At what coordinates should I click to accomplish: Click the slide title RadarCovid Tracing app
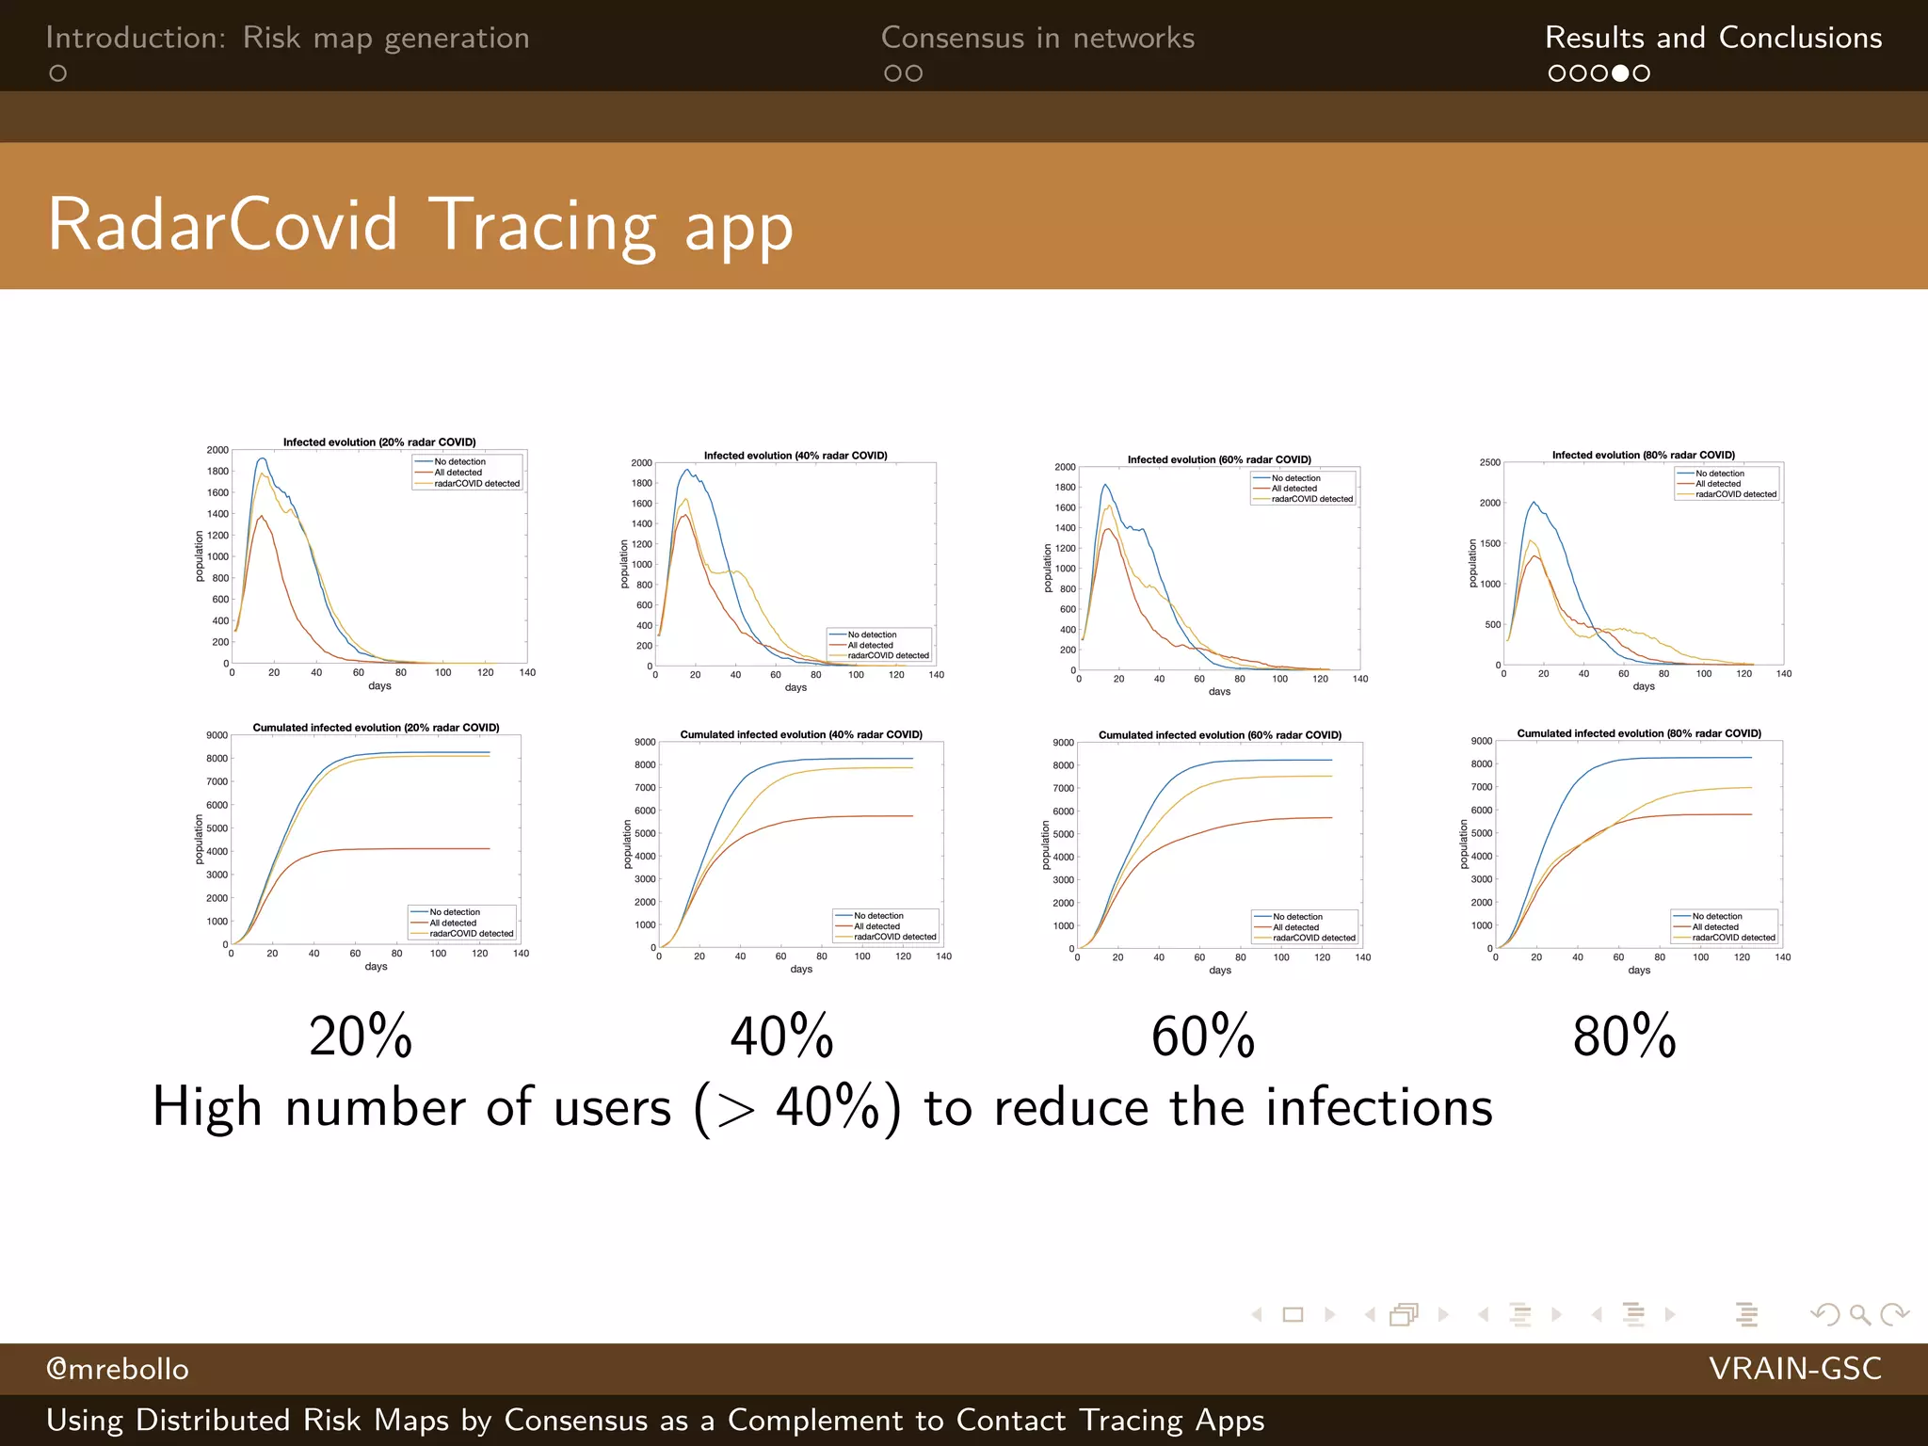tap(420, 226)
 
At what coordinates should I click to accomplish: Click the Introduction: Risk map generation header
tap(287, 38)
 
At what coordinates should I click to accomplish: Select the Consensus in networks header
tap(1037, 38)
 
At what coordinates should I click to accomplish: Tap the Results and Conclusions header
tap(1712, 38)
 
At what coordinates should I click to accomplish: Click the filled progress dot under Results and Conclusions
tap(1620, 73)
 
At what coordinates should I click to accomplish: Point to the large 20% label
tap(361, 1036)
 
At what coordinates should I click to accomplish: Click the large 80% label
tap(1624, 1036)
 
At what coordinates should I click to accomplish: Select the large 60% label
tap(1203, 1036)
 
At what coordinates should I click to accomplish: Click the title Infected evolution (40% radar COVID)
tap(795, 456)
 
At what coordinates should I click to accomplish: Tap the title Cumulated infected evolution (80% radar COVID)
tap(1638, 733)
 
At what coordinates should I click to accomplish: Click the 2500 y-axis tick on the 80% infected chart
tap(1489, 462)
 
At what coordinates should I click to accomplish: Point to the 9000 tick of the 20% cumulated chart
tap(217, 735)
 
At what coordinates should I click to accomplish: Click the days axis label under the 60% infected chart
tap(1219, 692)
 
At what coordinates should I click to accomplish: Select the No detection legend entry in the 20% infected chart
tap(459, 462)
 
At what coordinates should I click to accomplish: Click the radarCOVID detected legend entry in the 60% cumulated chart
tap(1313, 938)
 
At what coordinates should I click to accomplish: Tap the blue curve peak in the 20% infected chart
tap(262, 458)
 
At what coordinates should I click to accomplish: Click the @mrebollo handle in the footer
tap(118, 1369)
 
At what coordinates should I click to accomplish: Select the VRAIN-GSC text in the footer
tap(1794, 1369)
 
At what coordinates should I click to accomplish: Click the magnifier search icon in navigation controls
tap(1859, 1314)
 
